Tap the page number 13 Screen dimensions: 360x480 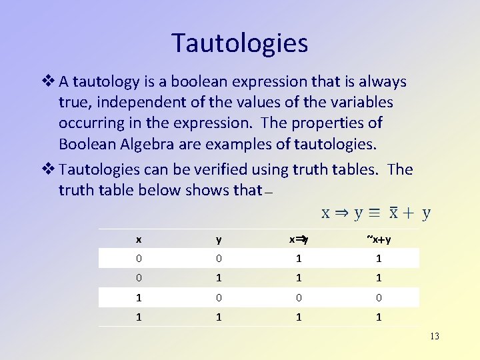pos(434,336)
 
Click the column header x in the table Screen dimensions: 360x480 pos(139,239)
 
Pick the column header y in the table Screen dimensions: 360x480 pos(219,239)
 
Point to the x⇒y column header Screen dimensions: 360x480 pos(299,239)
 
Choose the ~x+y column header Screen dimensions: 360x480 pos(379,239)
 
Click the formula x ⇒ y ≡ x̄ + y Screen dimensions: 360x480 pos(376,213)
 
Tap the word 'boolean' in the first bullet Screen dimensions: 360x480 pos(207,82)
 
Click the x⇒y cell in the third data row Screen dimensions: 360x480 pos(299,298)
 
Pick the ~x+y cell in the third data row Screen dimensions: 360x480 pos(379,298)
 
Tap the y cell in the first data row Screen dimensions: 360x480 pos(219,259)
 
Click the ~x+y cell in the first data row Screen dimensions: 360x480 pos(379,259)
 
